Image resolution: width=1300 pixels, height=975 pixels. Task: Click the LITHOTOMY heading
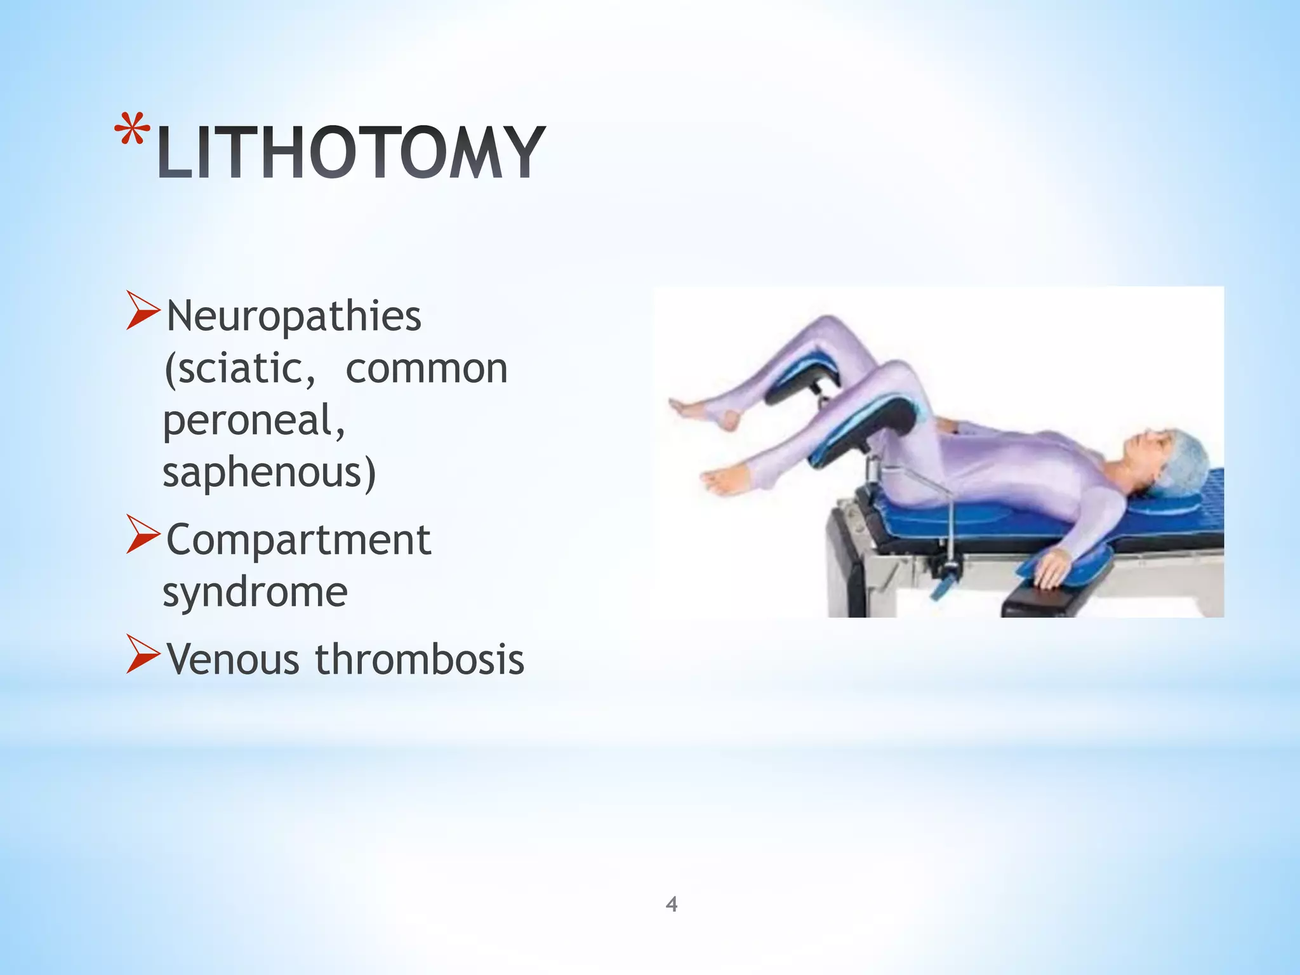click(351, 152)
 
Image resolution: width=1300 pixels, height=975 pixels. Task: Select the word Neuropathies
click(294, 315)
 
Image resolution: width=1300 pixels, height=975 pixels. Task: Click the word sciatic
click(239, 368)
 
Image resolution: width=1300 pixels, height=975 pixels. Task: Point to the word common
click(427, 368)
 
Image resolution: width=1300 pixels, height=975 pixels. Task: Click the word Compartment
click(298, 540)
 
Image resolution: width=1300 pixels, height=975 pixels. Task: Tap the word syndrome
click(255, 592)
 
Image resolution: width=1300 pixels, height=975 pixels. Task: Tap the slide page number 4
click(672, 904)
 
